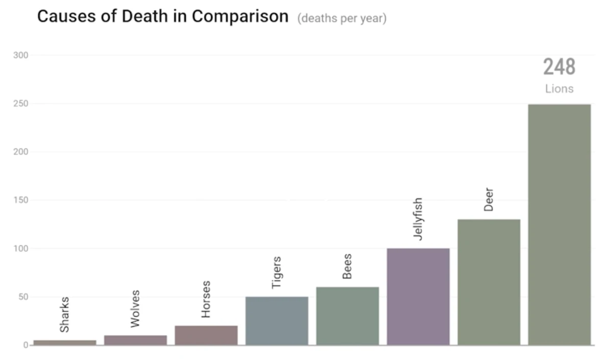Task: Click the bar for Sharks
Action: pos(64,342)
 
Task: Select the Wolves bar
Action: pos(135,340)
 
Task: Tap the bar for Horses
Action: pos(206,335)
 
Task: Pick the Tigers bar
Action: pos(276,320)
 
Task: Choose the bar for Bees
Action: pos(347,316)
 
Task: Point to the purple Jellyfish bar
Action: pos(418,296)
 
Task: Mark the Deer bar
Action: pos(489,282)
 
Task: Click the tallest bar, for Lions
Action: pos(559,224)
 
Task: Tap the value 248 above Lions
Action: pos(559,67)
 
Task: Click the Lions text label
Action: pos(559,89)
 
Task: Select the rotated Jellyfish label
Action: pos(418,219)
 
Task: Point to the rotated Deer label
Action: pos(489,200)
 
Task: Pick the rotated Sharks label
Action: pos(64,315)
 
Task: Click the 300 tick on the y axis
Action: pos(21,55)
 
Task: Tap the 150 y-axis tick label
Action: pos(21,200)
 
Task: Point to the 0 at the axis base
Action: pos(26,345)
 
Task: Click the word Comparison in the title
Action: pos(240,16)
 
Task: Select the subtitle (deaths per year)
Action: pos(342,19)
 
